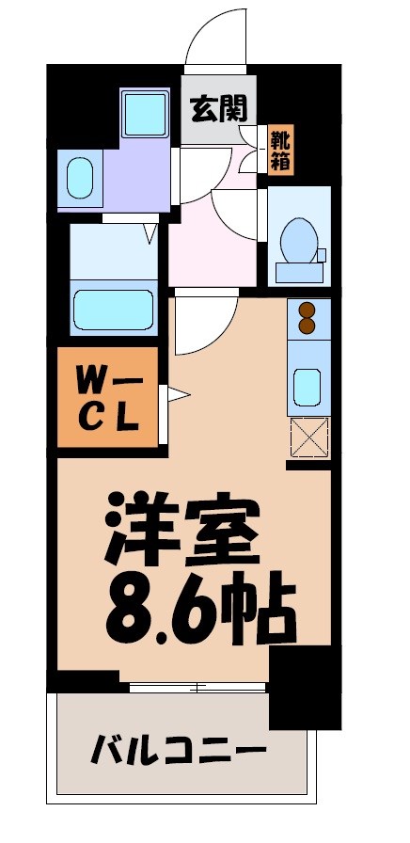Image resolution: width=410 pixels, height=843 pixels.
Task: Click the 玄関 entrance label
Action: click(220, 110)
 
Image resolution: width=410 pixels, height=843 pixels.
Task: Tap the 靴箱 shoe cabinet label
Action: click(281, 150)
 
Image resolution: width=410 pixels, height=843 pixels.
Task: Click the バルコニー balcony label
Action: click(178, 753)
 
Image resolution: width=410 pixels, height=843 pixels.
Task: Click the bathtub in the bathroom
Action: click(114, 309)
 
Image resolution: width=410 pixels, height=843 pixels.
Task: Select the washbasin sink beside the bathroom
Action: click(79, 176)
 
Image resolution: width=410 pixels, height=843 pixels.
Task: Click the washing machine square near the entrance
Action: click(146, 114)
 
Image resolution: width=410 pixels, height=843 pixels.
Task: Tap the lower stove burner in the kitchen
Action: click(307, 326)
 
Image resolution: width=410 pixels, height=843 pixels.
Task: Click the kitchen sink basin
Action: click(307, 385)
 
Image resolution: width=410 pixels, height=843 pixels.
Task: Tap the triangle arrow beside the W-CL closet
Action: click(179, 395)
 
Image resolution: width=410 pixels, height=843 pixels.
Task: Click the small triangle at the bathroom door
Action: click(150, 231)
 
